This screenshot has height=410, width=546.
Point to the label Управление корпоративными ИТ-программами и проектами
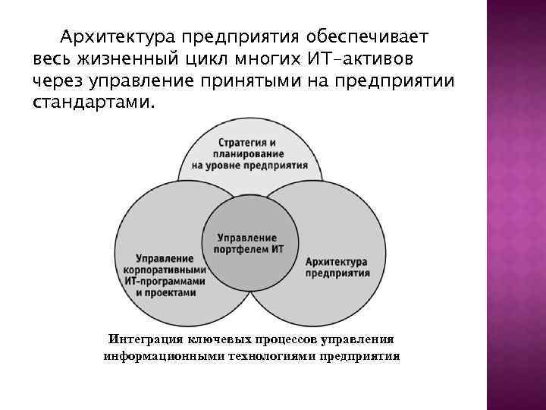click(166, 275)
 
